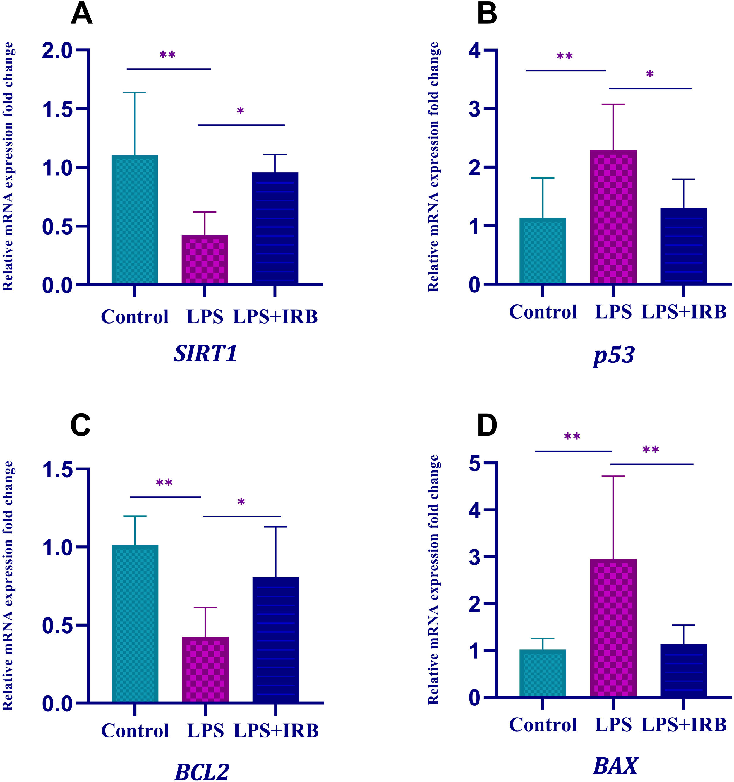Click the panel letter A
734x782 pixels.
81,15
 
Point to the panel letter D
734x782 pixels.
487,426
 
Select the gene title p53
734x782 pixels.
614,355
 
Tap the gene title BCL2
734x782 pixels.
202,772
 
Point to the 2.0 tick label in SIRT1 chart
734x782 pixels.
59,51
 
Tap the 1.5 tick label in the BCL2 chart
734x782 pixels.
59,470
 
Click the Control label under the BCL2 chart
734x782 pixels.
135,731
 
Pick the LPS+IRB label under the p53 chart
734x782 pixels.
684,312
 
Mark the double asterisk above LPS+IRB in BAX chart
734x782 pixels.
651,450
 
